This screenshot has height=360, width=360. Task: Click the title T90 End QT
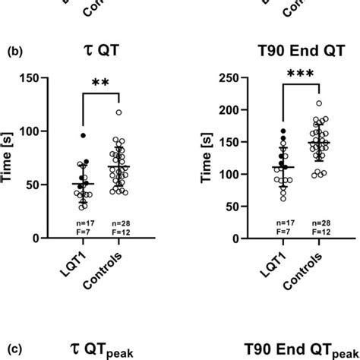289,54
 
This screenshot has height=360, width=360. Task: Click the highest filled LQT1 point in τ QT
84,136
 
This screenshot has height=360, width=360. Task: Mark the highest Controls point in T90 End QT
298,103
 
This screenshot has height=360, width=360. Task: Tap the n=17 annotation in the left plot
84,219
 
